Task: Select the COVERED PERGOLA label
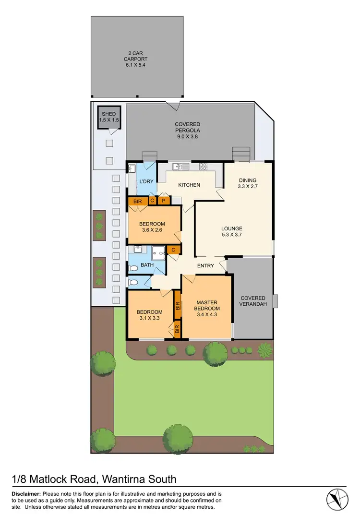pos(187,130)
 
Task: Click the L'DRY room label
pos(146,182)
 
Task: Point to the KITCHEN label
pos(189,185)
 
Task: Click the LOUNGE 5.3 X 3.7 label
pos(232,232)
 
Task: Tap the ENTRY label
pos(205,266)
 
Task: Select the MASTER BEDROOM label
pos(208,309)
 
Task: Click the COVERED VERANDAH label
pos(253,301)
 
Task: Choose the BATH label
pos(147,264)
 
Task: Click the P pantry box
pos(164,201)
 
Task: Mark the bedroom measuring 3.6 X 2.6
pos(152,227)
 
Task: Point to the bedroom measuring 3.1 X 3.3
pos(150,315)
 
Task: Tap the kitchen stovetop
pos(203,167)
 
